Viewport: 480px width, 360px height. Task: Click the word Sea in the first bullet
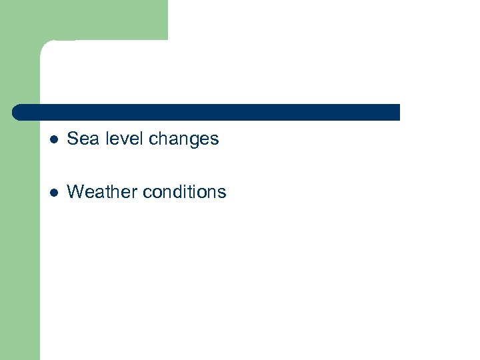[x=81, y=139]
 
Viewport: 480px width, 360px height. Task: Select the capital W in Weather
[x=75, y=192]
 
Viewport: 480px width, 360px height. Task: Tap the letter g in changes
[x=193, y=141]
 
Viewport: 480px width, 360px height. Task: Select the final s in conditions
[x=223, y=193]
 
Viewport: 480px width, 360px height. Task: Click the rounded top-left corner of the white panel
[x=45, y=47]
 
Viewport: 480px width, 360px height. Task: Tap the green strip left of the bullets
[x=20, y=233]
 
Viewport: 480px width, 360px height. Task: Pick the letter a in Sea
[x=91, y=139]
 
